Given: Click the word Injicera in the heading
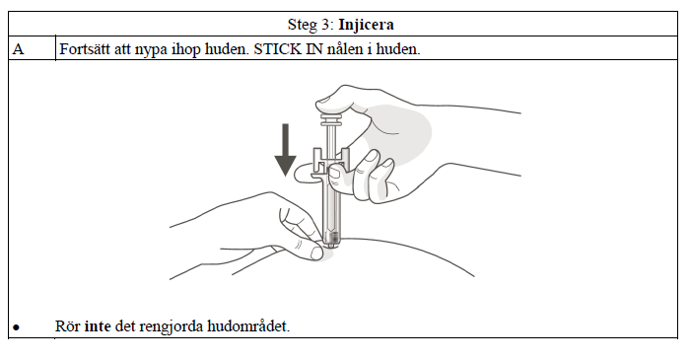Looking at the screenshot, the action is (x=366, y=25).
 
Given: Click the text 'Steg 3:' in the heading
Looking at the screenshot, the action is (x=311, y=25).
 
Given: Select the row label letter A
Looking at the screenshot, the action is (x=19, y=49).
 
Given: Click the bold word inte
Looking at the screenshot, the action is (x=98, y=326).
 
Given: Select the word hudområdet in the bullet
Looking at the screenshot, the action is (x=248, y=326).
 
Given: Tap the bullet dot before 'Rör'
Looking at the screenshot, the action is (x=17, y=327).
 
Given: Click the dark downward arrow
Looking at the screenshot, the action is (x=285, y=150).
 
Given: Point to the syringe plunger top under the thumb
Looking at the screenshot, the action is (x=331, y=118).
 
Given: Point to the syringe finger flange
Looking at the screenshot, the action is (x=331, y=162).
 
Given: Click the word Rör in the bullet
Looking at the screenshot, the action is (x=68, y=326).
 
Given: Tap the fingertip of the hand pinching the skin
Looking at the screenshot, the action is (x=316, y=253).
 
